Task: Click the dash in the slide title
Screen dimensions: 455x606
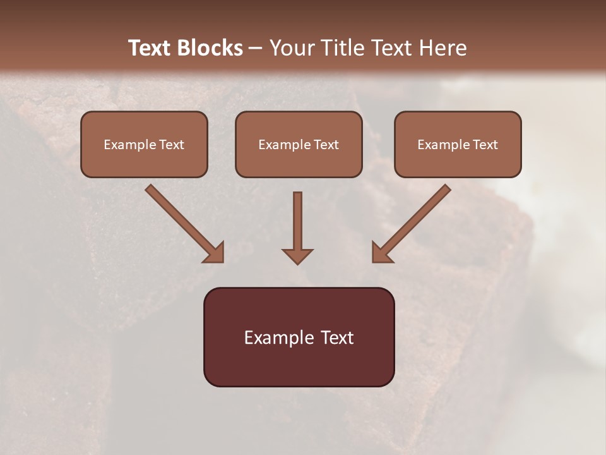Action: point(256,48)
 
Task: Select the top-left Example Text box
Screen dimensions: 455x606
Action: point(144,145)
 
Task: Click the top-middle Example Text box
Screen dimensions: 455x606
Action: point(299,145)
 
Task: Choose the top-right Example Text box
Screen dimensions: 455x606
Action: point(458,145)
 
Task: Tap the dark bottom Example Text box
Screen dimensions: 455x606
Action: point(299,337)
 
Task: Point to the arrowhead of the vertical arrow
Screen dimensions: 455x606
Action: point(297,255)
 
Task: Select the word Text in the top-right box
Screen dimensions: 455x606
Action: point(484,145)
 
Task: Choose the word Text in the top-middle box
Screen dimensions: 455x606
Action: point(325,145)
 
